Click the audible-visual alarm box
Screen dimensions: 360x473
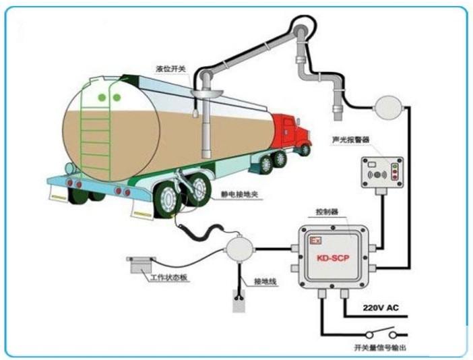click(381, 173)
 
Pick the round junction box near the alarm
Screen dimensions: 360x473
click(386, 105)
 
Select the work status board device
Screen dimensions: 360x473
click(142, 264)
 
